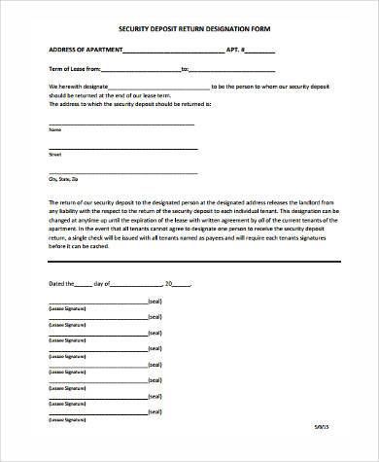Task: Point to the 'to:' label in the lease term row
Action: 185,69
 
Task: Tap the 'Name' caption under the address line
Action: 54,129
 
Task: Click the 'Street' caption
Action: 54,154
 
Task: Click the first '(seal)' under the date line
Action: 154,302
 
